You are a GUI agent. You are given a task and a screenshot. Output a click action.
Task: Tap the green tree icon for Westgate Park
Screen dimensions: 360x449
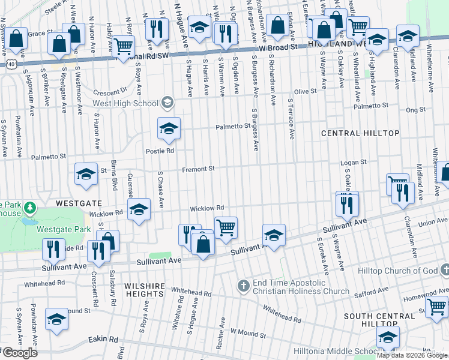coord(29,209)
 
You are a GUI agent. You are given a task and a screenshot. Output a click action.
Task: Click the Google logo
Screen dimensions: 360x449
coord(19,353)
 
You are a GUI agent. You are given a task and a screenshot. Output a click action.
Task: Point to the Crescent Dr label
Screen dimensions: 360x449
coord(111,92)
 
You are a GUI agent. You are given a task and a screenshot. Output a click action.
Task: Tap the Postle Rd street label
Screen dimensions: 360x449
coord(160,151)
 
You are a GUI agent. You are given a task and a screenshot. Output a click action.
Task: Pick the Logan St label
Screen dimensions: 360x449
coord(354,163)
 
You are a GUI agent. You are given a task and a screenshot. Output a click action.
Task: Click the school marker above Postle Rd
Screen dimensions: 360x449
coord(169,128)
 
